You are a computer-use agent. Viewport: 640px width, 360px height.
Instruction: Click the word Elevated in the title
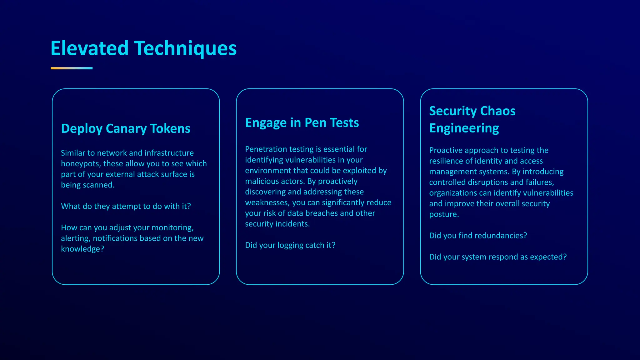coord(90,48)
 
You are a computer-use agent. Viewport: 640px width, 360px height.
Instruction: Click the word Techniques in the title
coord(185,48)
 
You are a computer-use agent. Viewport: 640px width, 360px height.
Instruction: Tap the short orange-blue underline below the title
coord(72,68)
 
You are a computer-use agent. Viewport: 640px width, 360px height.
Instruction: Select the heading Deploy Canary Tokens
coord(125,128)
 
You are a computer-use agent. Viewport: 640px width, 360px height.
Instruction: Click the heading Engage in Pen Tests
coord(302,122)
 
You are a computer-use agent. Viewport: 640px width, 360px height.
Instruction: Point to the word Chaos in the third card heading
coord(497,111)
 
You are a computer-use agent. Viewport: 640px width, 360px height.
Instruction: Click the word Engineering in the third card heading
coord(464,128)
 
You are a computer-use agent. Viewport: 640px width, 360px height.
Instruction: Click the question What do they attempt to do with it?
coord(126,206)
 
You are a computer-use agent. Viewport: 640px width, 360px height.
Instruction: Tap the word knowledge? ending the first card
coord(82,249)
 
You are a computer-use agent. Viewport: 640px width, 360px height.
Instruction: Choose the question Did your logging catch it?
coord(290,245)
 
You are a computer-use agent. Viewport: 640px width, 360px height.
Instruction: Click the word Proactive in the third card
coord(446,150)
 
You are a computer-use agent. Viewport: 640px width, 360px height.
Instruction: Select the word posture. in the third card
coord(444,214)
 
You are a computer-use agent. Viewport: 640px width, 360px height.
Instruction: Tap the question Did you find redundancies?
coord(478,236)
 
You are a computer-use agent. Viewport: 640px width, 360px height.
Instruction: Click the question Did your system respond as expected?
coord(498,257)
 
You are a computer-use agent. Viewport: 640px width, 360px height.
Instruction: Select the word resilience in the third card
coord(444,161)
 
